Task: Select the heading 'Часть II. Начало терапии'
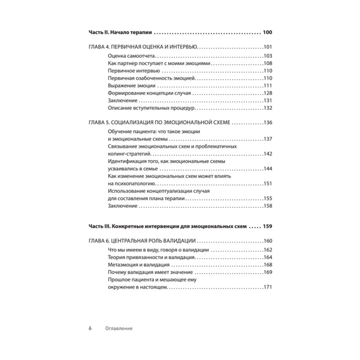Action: (x=119, y=32)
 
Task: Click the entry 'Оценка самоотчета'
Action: (x=131, y=55)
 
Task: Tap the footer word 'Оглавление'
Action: (x=119, y=328)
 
